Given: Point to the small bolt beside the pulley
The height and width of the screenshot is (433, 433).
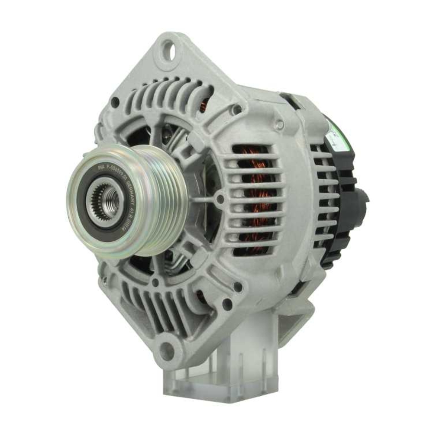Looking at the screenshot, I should pos(220,199).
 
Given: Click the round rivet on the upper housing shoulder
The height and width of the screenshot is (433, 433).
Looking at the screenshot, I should pos(279,125).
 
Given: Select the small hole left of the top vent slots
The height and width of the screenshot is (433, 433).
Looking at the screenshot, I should pos(115,103).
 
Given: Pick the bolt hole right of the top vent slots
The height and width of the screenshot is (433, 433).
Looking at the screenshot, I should pos(237,110).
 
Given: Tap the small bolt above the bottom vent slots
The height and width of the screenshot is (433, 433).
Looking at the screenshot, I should pos(155,282).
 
